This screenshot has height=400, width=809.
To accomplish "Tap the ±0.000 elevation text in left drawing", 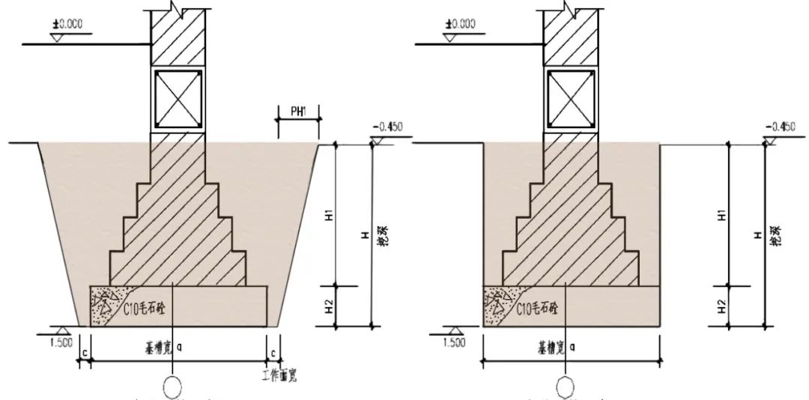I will (68, 24).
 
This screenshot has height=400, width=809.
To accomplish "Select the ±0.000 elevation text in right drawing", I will (461, 24).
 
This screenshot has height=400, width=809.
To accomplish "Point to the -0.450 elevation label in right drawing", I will (781, 126).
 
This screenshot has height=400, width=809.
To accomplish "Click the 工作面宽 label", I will (279, 374).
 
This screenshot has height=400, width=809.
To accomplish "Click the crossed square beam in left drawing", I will (178, 98).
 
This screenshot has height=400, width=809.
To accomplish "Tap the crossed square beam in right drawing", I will (570, 98).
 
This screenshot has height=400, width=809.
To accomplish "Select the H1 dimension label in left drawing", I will (329, 215).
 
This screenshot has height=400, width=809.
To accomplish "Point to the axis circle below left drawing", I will (173, 389).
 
